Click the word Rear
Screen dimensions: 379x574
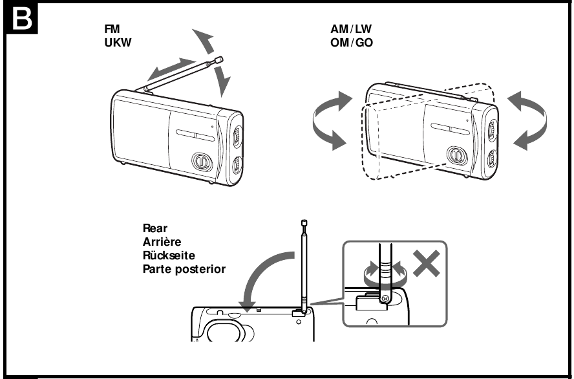pos(154,228)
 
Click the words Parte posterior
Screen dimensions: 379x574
pos(184,268)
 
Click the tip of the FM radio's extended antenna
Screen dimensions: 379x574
pos(220,60)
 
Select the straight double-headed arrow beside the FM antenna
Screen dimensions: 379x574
pos(171,68)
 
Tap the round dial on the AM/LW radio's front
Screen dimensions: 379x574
pos(456,155)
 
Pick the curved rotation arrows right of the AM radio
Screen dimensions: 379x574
pos(528,120)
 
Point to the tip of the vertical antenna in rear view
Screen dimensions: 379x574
pos(304,223)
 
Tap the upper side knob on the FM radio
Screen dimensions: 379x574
pos(237,135)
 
